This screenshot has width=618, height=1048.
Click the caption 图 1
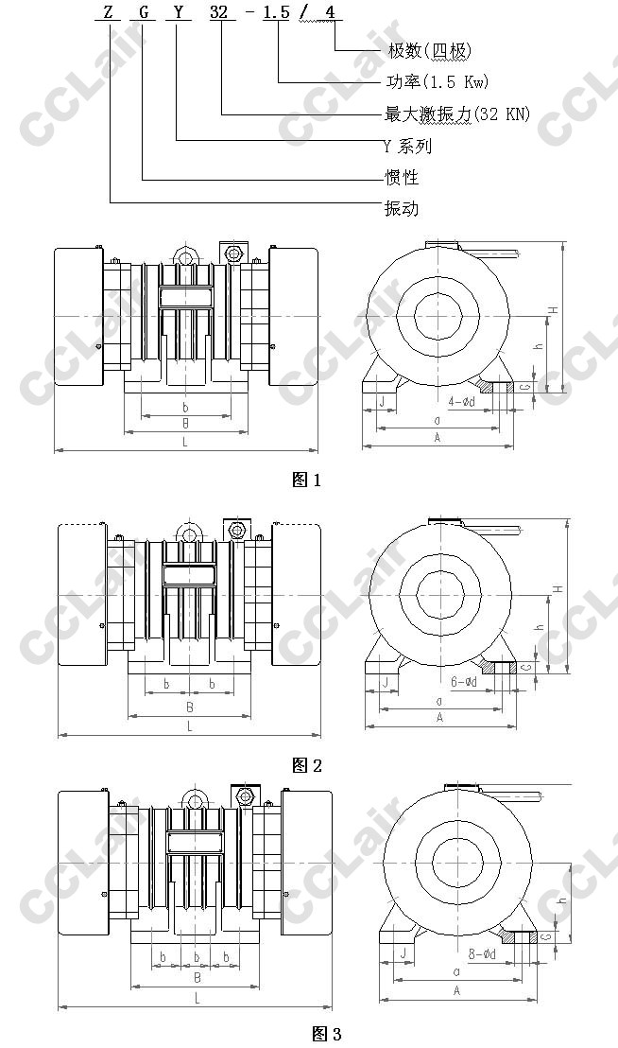307,480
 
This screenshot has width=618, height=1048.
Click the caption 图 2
307,765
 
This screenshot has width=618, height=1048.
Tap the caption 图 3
327,1034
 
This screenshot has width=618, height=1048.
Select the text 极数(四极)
430,51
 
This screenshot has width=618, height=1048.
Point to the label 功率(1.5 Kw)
438,81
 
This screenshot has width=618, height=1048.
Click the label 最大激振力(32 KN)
457,114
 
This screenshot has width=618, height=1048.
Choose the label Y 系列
408,146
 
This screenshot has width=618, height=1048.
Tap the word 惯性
402,177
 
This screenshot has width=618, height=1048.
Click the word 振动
402,208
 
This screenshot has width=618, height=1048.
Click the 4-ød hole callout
461,401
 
